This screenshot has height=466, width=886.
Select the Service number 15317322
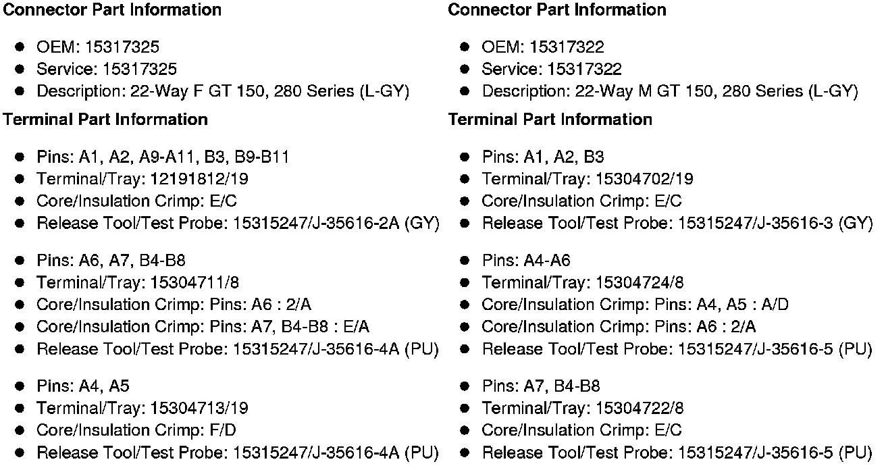585,70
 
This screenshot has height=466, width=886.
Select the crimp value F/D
222,430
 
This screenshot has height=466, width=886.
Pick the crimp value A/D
775,305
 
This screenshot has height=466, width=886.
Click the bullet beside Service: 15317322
465,70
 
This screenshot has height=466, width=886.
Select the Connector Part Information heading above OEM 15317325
113,10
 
